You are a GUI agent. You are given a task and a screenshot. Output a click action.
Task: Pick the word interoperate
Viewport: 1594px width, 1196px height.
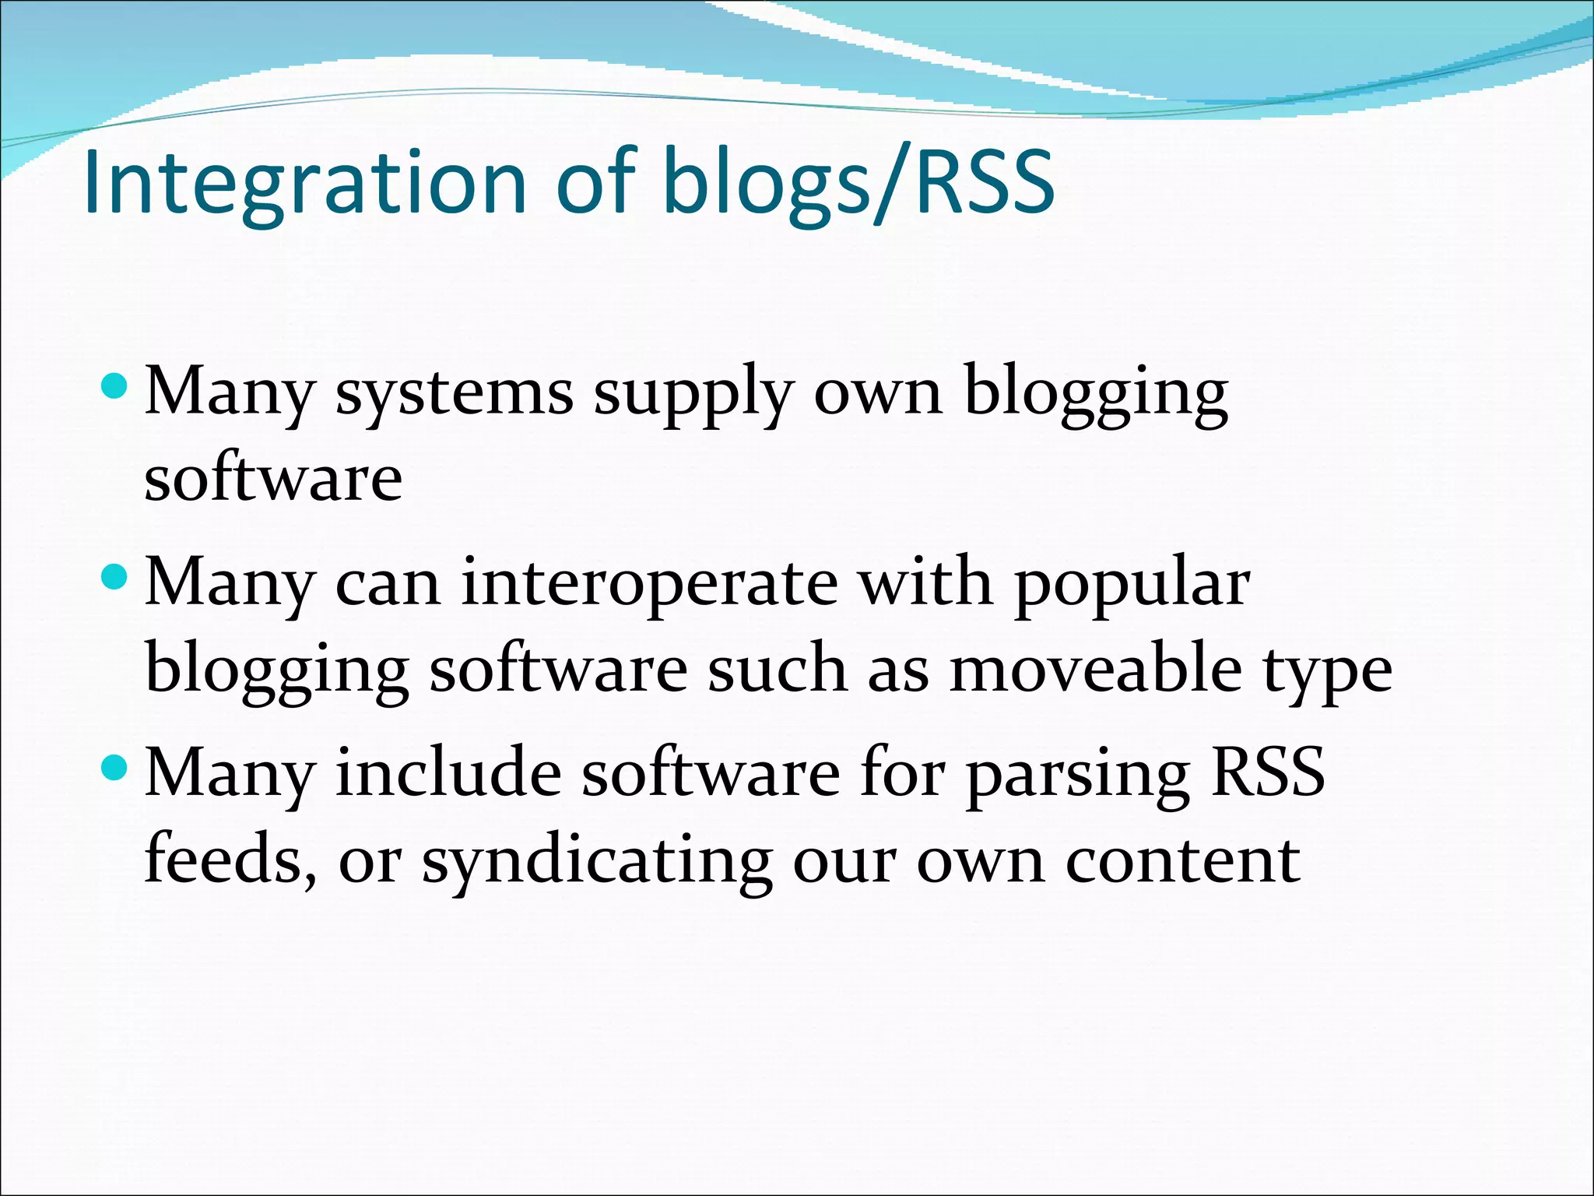[650, 584]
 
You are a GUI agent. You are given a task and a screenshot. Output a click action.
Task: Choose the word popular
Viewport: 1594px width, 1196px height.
[1132, 584]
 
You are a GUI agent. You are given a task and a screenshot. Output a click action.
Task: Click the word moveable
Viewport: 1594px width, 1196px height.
[1095, 670]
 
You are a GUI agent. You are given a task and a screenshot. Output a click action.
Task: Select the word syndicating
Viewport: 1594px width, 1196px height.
[597, 863]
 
